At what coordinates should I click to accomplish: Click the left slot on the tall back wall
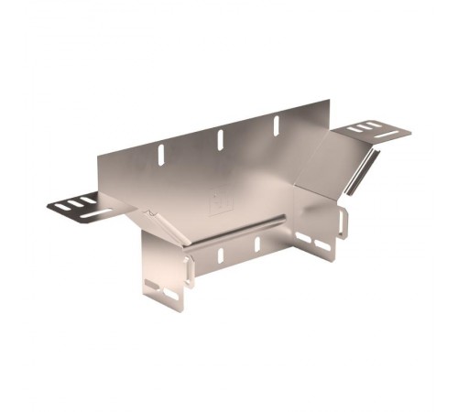pyautogui.click(x=162, y=155)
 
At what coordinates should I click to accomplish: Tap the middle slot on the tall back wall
pyautogui.click(x=220, y=139)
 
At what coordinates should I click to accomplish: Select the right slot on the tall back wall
pyautogui.click(x=275, y=125)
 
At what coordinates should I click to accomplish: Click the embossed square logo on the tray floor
pyautogui.click(x=220, y=205)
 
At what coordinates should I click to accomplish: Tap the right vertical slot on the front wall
pyautogui.click(x=256, y=244)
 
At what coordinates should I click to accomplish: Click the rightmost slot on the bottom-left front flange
pyautogui.click(x=171, y=295)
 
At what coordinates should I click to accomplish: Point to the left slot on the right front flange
pyautogui.click(x=303, y=239)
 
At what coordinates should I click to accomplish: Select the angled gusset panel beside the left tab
pyautogui.click(x=158, y=225)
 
